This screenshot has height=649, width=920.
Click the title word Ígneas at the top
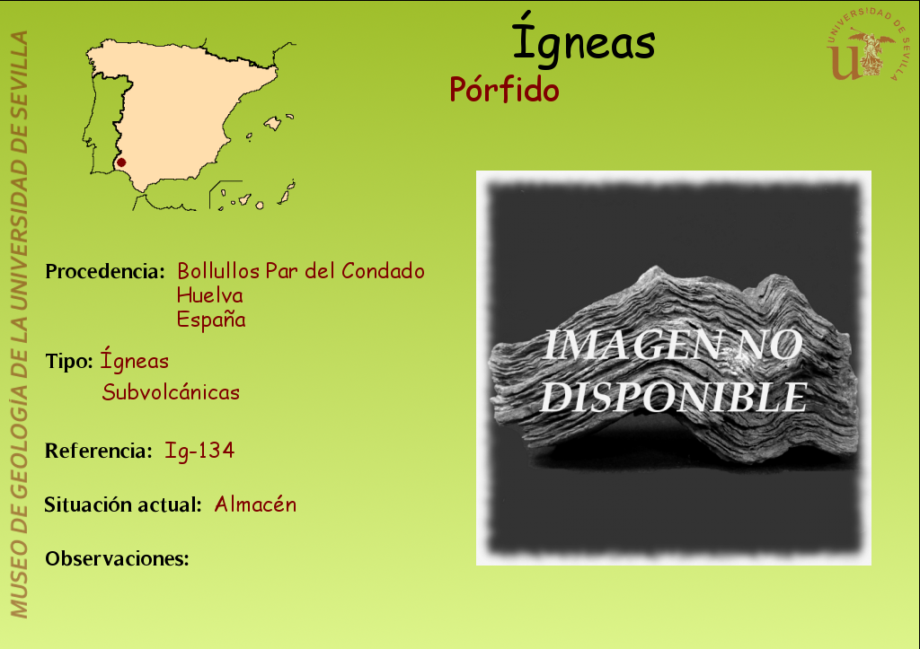tap(583, 39)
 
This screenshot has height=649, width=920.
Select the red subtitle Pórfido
tap(504, 91)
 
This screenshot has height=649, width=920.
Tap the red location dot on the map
tap(121, 162)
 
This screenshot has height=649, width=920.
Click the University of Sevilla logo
tap(867, 46)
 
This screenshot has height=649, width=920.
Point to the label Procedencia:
tap(105, 271)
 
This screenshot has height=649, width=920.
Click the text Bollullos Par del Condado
tap(301, 271)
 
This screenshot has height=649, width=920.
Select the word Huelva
tap(210, 295)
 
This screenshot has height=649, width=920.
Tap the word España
tap(211, 320)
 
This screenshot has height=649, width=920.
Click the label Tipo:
tap(69, 362)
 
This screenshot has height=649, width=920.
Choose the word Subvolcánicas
tap(171, 391)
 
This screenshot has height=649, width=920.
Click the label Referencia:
tap(99, 451)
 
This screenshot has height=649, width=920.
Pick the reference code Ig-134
tap(199, 451)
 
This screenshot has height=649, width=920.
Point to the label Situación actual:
tap(123, 504)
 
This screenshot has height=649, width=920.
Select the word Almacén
tap(255, 504)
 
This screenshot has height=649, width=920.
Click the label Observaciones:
tap(118, 558)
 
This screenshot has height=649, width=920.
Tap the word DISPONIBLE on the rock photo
tap(674, 398)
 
